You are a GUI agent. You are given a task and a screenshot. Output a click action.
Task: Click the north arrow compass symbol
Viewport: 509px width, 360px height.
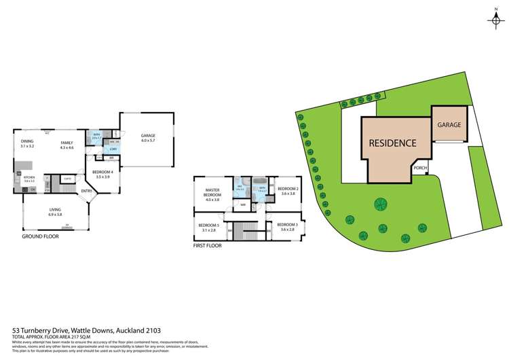(495, 19)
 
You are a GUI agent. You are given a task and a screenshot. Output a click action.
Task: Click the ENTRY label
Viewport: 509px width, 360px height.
(87, 191)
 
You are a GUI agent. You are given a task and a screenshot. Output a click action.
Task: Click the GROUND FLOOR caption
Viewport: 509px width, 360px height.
(39, 237)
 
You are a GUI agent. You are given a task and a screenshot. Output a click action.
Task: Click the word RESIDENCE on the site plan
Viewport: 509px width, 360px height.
(392, 143)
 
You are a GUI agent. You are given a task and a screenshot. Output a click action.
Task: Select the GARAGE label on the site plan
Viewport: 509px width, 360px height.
(449, 126)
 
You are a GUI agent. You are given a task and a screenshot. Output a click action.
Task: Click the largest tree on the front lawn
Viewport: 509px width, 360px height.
(380, 204)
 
